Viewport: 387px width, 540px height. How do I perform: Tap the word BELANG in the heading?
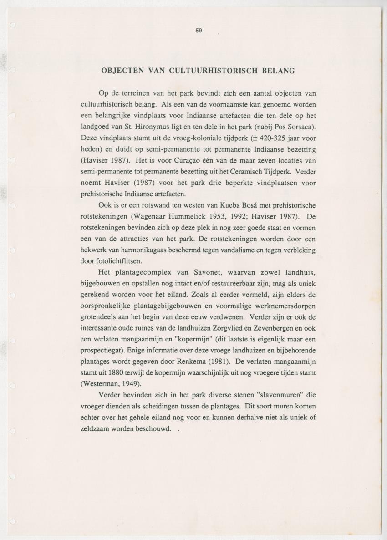(278, 71)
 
